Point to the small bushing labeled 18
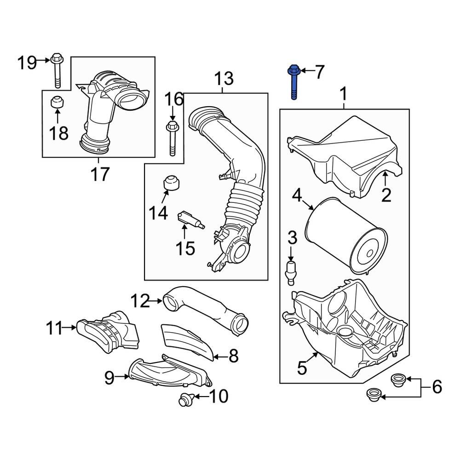pos(57,102)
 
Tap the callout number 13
pos(224,79)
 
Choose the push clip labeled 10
pos(185,400)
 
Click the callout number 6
pos(437,387)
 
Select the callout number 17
pos(100,174)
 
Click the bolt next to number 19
pos(57,70)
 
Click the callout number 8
pos(233,356)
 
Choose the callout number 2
pos(386,195)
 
